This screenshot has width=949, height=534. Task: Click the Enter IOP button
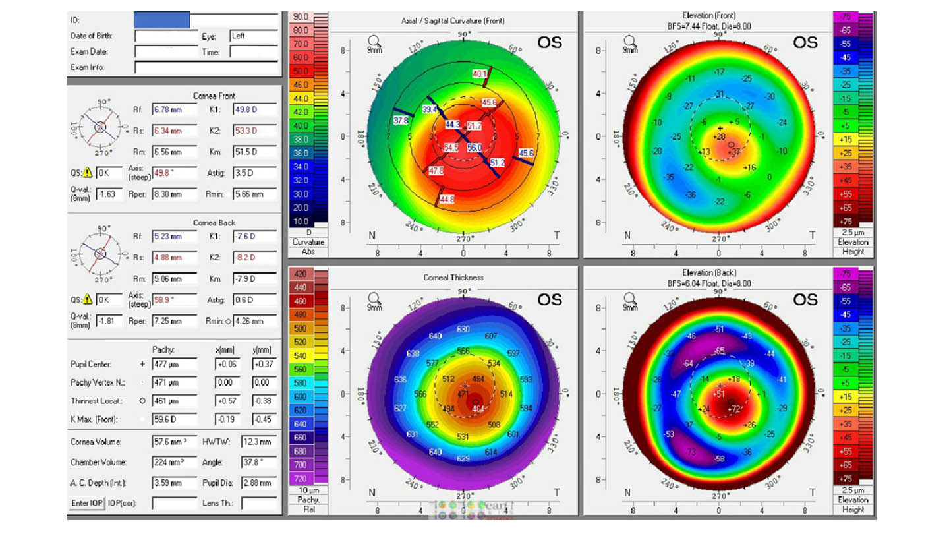pos(86,504)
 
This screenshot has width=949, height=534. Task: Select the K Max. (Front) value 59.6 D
pos(174,420)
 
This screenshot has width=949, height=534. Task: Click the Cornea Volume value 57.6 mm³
pos(174,442)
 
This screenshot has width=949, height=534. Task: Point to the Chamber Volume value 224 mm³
pos(174,463)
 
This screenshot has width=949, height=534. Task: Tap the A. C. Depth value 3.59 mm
pos(174,483)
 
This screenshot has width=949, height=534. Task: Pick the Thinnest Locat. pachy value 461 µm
pos(174,401)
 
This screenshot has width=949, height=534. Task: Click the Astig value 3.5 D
pos(254,173)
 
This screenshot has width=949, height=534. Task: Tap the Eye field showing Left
pos(253,36)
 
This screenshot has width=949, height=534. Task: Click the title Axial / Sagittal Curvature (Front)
pos(453,21)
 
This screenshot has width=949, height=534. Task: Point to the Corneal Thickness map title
pos(453,278)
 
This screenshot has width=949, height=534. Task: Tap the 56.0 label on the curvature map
pos(474,148)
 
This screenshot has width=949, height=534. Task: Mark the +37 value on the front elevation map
pos(735,152)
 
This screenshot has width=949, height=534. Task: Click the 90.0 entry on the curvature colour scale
pos(301,16)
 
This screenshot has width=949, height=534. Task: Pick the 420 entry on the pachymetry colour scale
pos(301,274)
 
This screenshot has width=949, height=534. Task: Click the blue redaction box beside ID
pos(161,20)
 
